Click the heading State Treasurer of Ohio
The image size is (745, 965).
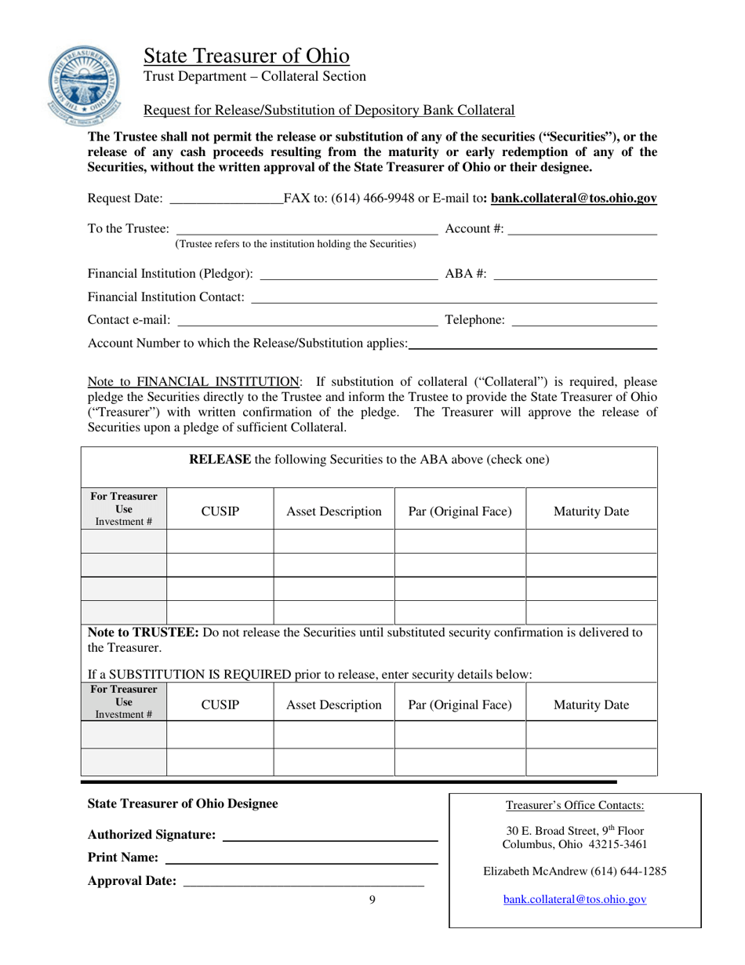pos(246,56)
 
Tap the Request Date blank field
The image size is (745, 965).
pos(226,200)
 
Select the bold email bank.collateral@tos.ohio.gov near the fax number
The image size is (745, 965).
pos(573,200)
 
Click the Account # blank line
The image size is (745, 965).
pos(582,229)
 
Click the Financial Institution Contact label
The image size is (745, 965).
pos(166,297)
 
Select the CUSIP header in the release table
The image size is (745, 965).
pos(220,512)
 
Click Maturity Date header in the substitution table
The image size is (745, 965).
pos(591,705)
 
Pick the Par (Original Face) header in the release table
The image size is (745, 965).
pos(460,512)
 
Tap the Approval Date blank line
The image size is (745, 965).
pos(303,882)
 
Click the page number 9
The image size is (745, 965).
pos(372,900)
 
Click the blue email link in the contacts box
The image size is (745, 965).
pos(574,900)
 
